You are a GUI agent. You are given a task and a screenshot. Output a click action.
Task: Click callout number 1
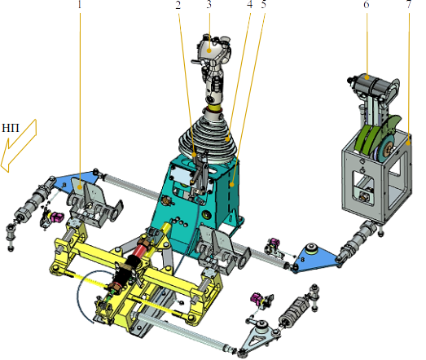[x=79, y=5]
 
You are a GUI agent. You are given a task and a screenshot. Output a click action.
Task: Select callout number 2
[x=178, y=5]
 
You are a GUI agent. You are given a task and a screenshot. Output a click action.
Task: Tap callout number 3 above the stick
[x=209, y=4]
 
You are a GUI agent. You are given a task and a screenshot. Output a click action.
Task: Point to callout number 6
[x=367, y=4]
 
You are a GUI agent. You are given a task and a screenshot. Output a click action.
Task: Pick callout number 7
[x=409, y=4]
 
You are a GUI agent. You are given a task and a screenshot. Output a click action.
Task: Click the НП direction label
[x=11, y=128]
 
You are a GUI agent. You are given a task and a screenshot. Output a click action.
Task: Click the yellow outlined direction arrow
[x=19, y=146]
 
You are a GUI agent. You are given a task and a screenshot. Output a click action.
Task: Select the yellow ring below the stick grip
[x=213, y=108]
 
